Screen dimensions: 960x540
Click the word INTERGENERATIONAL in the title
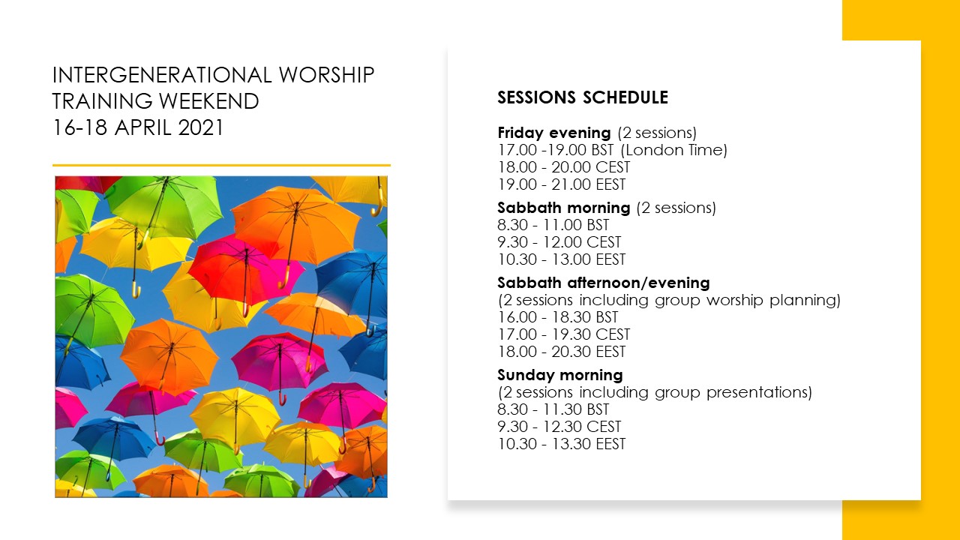(162, 75)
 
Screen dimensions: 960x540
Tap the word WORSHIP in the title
(327, 75)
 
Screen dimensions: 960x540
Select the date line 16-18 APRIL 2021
(138, 127)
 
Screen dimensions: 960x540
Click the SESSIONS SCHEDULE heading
(583, 97)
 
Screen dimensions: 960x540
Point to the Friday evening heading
(554, 133)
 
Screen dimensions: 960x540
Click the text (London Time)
(673, 151)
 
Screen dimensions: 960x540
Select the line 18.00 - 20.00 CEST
(563, 167)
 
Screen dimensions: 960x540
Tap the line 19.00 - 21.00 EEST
(562, 184)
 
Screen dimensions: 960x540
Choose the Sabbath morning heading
(564, 208)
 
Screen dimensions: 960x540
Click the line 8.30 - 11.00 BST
(553, 225)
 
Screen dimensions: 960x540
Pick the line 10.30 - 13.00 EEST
(562, 259)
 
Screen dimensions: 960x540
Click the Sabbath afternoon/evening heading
(604, 283)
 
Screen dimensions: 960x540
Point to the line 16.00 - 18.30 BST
(557, 317)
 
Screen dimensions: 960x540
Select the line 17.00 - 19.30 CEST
(563, 334)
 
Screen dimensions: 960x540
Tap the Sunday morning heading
(560, 376)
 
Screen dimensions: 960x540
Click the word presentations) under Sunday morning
(759, 392)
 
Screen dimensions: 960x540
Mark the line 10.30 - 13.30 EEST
(562, 444)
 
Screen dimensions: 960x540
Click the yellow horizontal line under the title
(221, 165)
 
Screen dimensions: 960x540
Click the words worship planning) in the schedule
(773, 301)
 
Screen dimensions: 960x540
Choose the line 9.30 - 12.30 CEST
(559, 427)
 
